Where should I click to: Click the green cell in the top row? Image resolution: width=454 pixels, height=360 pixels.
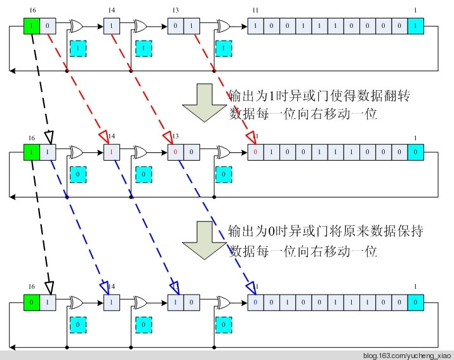click(x=32, y=26)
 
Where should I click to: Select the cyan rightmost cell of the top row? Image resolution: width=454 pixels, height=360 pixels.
click(x=414, y=26)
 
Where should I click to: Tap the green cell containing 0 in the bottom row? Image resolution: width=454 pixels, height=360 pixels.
click(x=32, y=303)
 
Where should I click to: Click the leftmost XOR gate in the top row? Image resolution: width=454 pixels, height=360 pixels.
click(x=76, y=27)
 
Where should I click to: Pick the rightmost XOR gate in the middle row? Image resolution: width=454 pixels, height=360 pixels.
click(x=224, y=153)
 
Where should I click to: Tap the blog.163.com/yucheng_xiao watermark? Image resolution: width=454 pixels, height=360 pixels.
click(x=406, y=355)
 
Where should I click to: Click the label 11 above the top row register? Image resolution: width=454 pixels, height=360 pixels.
click(x=255, y=11)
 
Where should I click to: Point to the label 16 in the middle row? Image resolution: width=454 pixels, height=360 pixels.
click(x=32, y=138)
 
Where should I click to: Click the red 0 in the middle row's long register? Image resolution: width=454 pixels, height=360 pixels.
click(x=254, y=153)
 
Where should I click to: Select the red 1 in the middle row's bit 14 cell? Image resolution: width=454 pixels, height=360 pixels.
click(x=111, y=153)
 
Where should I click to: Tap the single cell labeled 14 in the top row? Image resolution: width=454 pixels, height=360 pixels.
click(x=111, y=27)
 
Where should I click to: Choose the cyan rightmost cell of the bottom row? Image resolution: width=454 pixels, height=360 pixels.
click(x=414, y=303)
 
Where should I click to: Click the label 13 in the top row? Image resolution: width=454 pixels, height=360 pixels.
click(x=176, y=11)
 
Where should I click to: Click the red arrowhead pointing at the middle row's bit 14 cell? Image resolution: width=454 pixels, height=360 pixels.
click(x=104, y=137)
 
